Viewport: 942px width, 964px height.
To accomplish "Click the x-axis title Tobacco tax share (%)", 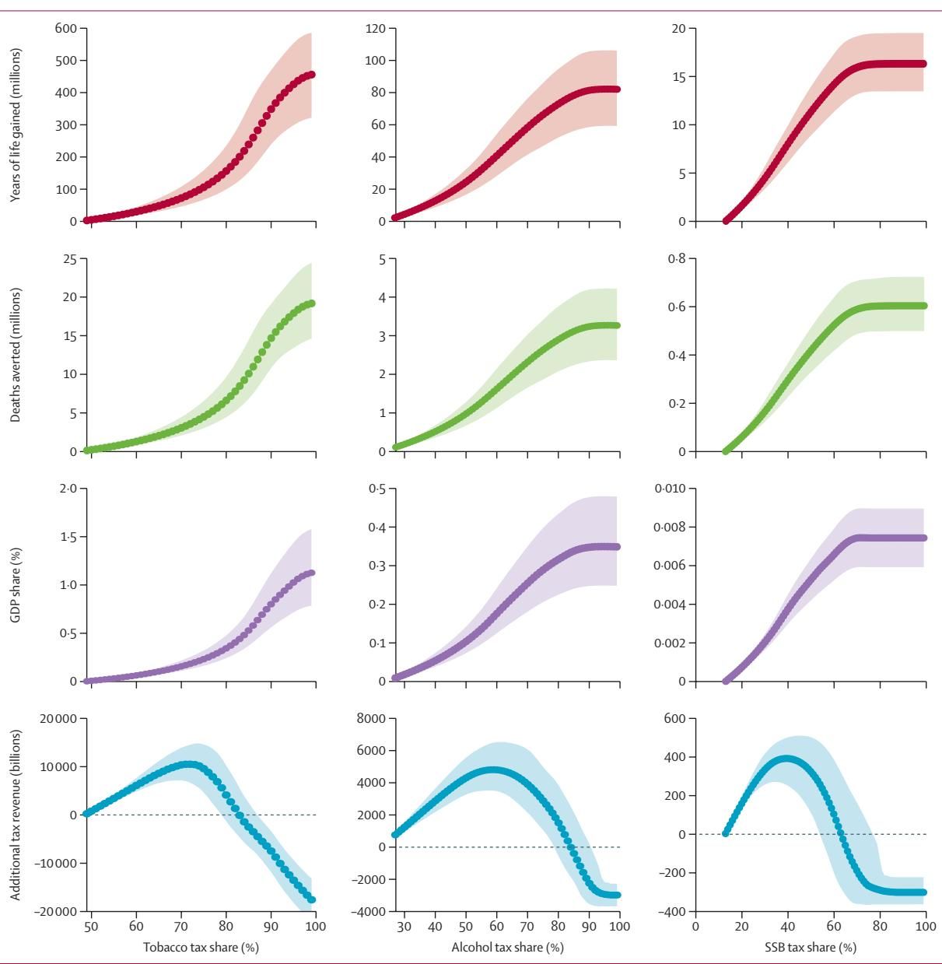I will click(201, 947).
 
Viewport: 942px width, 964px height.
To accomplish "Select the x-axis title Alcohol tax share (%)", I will click(507, 947).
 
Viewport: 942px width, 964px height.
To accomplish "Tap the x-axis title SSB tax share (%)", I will click(811, 947).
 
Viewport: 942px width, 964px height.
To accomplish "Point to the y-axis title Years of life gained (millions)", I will click(16, 125).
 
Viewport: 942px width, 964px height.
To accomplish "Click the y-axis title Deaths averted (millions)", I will click(16, 355).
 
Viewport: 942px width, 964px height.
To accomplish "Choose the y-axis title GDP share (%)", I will click(16, 584).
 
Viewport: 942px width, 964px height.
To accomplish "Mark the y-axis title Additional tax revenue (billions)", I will click(16, 815).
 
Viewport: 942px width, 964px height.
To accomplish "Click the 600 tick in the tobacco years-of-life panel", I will click(66, 29).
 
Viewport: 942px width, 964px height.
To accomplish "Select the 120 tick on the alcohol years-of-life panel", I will click(376, 29).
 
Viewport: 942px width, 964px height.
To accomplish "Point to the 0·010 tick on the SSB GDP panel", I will click(670, 489).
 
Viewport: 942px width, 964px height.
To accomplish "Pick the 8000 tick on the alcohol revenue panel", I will click(371, 719).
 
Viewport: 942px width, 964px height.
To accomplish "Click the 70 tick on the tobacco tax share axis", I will click(181, 927).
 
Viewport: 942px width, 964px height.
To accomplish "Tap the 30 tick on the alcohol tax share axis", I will click(404, 927).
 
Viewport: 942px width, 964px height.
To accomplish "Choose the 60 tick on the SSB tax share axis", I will click(834, 927).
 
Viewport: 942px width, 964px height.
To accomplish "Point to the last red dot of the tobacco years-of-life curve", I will click(311, 75).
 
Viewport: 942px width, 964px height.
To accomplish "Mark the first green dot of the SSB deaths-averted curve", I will click(727, 451).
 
